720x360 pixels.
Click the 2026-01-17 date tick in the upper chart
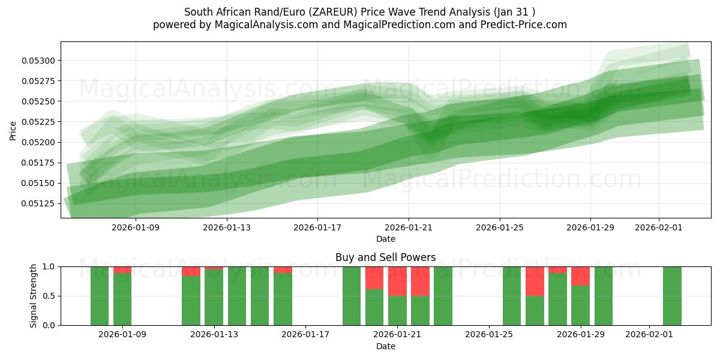(317, 227)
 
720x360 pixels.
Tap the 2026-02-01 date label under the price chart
(659, 227)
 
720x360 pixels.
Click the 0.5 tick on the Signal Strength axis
(49, 296)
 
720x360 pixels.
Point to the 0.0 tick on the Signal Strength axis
(49, 325)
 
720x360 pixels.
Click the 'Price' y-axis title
(13, 130)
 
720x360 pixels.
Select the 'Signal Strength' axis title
(34, 296)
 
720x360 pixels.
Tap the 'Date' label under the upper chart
(385, 239)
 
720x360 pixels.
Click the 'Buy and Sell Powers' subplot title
(385, 257)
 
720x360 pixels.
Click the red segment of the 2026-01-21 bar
(397, 281)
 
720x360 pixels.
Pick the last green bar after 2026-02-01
(672, 296)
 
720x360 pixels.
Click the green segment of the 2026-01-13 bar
(214, 297)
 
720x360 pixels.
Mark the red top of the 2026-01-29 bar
(580, 275)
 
